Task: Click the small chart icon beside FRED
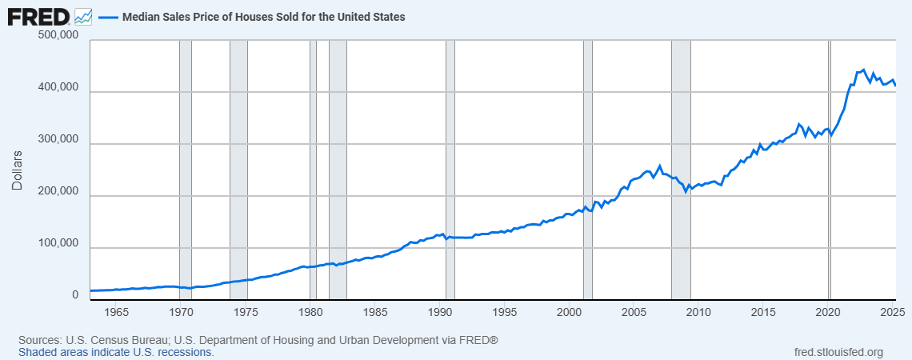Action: [x=83, y=16]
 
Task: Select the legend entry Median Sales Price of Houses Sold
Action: [x=263, y=16]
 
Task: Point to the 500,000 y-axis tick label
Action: [x=58, y=36]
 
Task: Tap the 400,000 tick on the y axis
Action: [x=58, y=88]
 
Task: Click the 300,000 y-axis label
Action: [x=58, y=140]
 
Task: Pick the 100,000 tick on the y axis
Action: [x=58, y=244]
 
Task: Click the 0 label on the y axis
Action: [x=75, y=295]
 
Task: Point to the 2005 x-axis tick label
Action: [x=634, y=311]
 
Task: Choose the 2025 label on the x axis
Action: [x=893, y=311]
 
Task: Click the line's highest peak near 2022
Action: [x=863, y=70]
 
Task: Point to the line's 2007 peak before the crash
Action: [x=660, y=166]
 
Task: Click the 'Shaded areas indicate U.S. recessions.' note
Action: [x=116, y=352]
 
